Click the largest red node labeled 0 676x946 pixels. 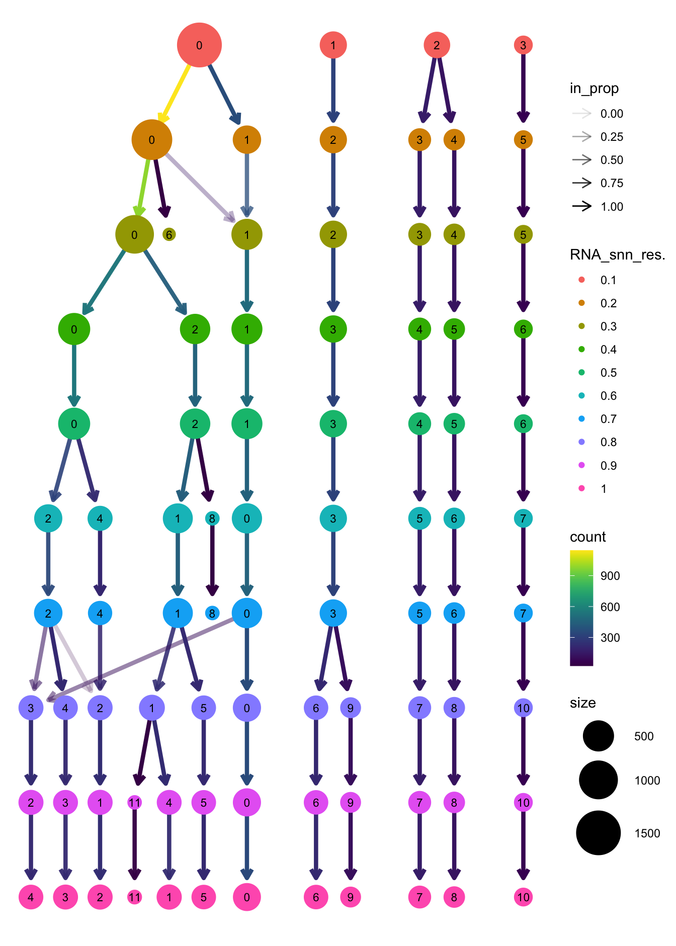[x=199, y=45]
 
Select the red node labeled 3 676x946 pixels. [x=523, y=45]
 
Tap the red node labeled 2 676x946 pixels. [x=437, y=45]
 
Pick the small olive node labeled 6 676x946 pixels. [x=169, y=234]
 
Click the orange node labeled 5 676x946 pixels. [x=523, y=140]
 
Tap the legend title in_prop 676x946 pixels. [x=594, y=89]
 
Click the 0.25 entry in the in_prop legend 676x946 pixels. [x=612, y=137]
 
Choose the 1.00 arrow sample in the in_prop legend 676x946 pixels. [x=582, y=206]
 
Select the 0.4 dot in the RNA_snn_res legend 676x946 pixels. [x=582, y=350]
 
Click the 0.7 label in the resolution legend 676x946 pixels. [x=608, y=419]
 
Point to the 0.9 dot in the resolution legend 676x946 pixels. [x=582, y=465]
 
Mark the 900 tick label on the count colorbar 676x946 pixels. [x=610, y=576]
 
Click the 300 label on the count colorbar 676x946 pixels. [x=610, y=638]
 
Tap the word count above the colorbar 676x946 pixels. [x=587, y=537]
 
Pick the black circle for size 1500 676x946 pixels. [x=598, y=833]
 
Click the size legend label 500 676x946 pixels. [x=643, y=736]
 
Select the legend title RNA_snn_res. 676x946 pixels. [x=617, y=255]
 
